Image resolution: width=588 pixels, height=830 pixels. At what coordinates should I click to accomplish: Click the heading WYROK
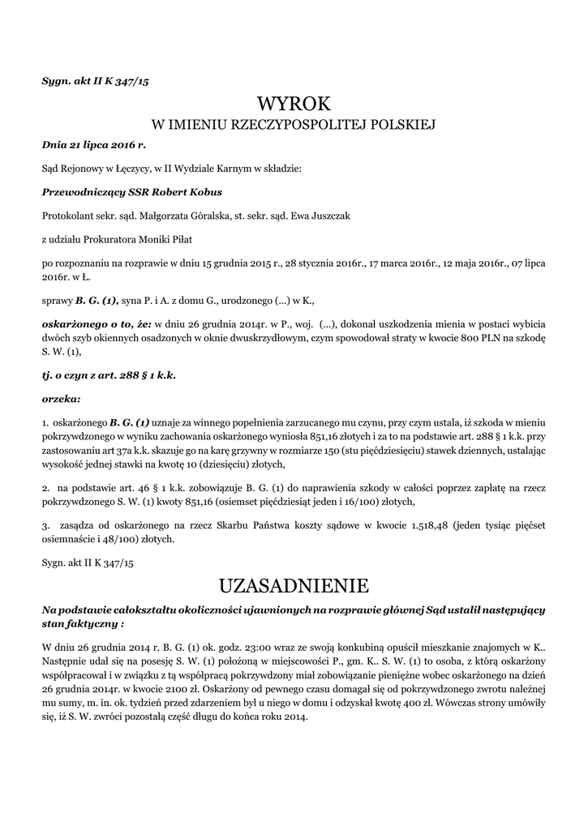(294, 104)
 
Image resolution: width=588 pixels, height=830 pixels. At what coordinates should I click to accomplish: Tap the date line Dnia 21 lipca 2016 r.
(93, 145)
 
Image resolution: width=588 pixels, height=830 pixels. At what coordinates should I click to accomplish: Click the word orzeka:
(61, 399)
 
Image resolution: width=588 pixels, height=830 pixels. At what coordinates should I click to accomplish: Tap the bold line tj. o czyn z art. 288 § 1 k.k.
(109, 376)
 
